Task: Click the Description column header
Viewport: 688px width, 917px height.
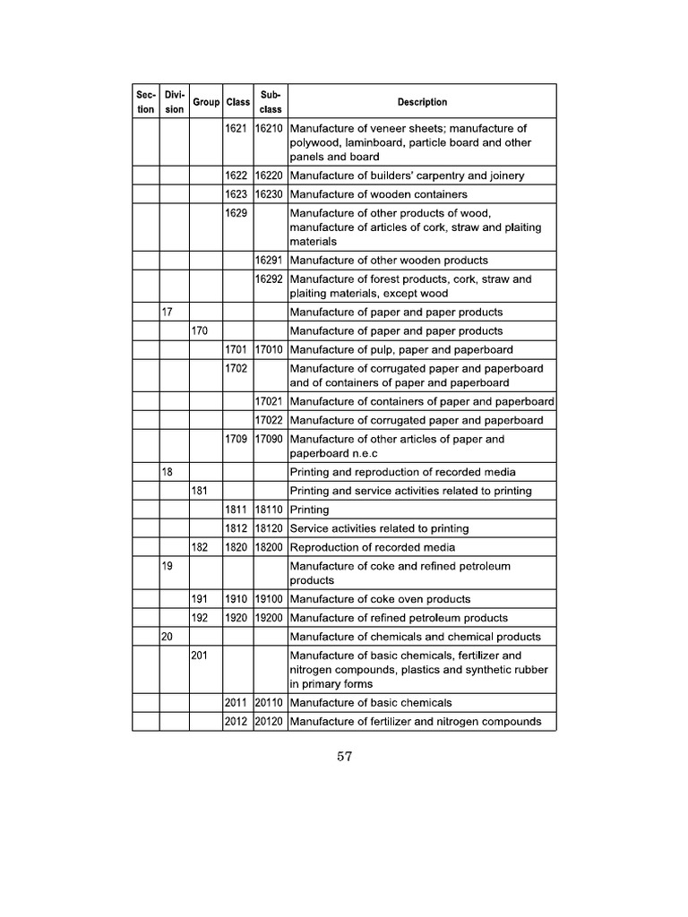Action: (422, 102)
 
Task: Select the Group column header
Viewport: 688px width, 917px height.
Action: (206, 102)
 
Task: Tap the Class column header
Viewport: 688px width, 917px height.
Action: (238, 102)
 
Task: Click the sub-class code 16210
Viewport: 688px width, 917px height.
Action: (270, 128)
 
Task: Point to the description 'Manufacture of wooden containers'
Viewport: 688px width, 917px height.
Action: (379, 194)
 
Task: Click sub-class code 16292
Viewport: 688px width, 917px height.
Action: (270, 279)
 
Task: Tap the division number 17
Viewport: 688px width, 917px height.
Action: (167, 313)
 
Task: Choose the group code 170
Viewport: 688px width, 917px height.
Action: (200, 331)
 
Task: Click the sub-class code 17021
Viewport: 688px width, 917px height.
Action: (270, 401)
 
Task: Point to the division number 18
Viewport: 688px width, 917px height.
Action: (167, 472)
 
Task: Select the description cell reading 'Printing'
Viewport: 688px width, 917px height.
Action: (310, 510)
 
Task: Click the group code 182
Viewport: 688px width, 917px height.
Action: (200, 547)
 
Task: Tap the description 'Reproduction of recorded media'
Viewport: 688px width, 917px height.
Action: (372, 547)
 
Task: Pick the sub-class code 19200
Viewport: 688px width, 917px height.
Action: (270, 618)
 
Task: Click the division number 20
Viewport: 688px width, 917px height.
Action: (167, 637)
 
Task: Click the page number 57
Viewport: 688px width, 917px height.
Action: (345, 758)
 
